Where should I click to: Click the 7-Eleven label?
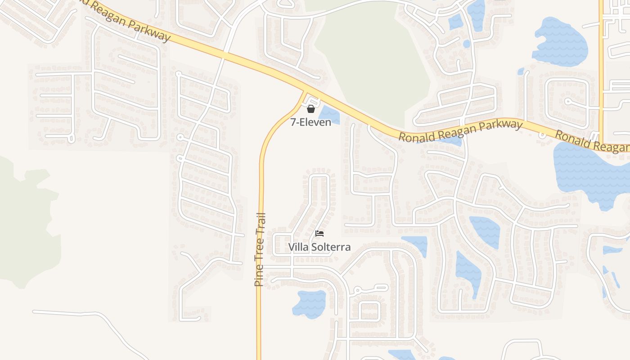(310, 122)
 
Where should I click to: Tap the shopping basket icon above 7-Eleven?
(310, 109)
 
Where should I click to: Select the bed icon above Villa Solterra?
(319, 233)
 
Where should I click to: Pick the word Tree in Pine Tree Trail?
(259, 251)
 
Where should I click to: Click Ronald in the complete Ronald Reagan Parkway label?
(417, 136)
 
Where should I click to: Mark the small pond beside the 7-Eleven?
(329, 115)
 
